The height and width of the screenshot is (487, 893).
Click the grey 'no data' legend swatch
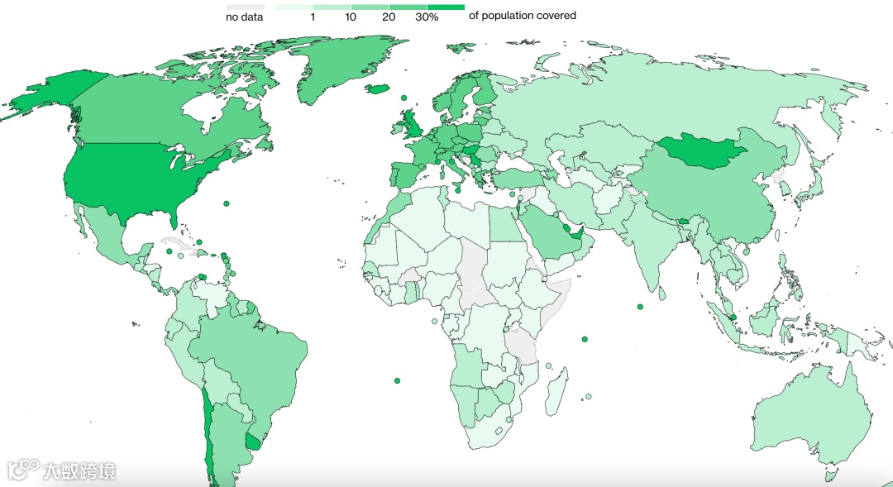click(245, 7)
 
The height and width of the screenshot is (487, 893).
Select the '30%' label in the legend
click(427, 17)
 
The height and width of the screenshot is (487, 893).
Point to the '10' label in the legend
click(351, 17)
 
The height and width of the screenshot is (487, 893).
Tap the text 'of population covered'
click(522, 16)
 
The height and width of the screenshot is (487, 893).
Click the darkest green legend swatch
click(446, 7)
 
